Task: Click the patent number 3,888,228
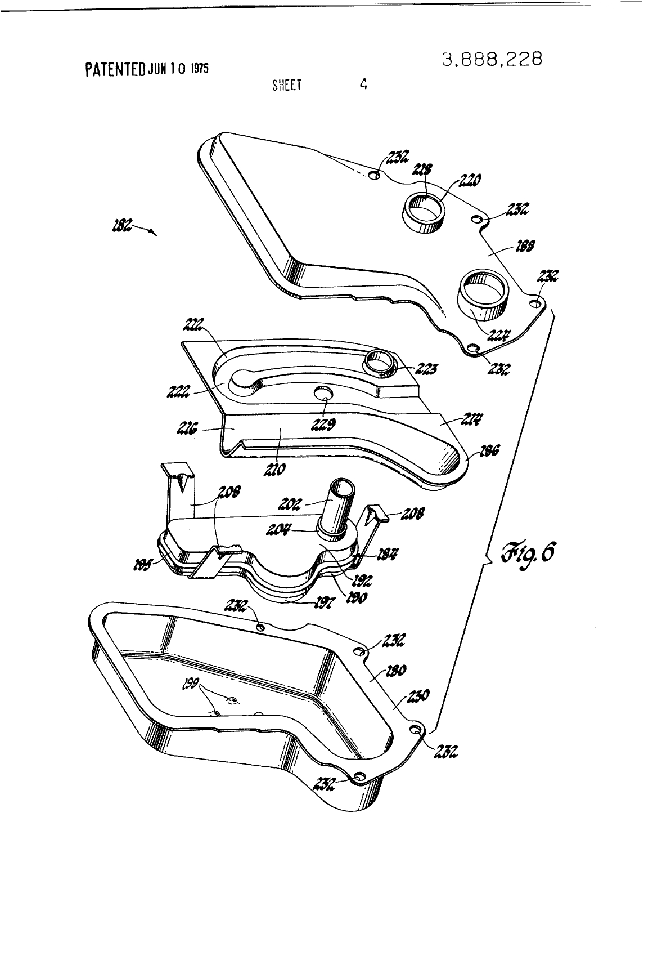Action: click(x=492, y=59)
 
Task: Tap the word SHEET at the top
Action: click(x=286, y=85)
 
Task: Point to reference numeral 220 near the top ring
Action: click(x=469, y=180)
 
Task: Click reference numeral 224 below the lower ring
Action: click(x=496, y=336)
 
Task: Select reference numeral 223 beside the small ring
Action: click(x=427, y=369)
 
